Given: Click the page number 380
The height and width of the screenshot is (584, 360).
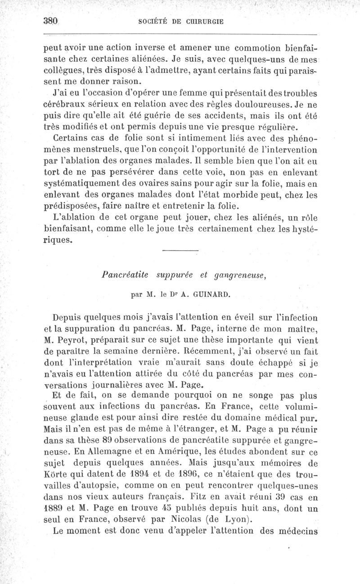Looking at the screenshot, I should coord(51,21).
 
